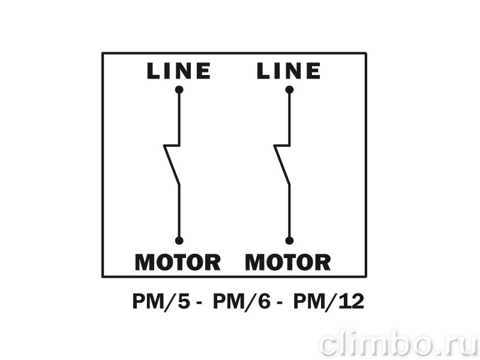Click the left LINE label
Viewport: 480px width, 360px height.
click(179, 71)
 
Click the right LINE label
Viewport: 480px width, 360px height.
click(289, 71)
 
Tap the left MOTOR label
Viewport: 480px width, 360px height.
click(178, 262)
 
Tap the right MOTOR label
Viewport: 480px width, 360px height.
click(288, 262)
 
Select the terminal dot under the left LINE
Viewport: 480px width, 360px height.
click(179, 89)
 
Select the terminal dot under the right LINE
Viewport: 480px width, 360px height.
click(289, 89)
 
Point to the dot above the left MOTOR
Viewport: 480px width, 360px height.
click(179, 241)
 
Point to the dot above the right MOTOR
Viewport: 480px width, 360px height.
click(289, 241)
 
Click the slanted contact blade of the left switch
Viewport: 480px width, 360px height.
click(172, 165)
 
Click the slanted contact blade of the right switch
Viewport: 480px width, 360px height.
click(282, 165)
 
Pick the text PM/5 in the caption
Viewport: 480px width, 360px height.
click(161, 302)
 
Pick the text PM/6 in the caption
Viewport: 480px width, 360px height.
click(242, 302)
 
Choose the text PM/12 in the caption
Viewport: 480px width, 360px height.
click(329, 302)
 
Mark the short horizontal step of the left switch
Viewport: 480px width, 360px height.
click(172, 145)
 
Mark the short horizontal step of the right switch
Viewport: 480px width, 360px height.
click(282, 145)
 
